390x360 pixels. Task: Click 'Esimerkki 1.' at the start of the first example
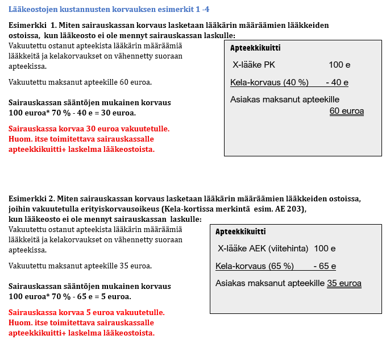click(34, 26)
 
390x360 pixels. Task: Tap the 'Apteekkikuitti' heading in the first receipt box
click(255, 48)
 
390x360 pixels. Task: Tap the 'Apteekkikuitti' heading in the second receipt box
click(240, 232)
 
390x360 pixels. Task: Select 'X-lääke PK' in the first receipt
click(254, 65)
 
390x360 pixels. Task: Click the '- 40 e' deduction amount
click(337, 82)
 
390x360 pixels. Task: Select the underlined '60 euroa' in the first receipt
click(346, 111)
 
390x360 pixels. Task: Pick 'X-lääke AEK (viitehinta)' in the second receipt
click(263, 249)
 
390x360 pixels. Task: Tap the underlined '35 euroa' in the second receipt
click(344, 283)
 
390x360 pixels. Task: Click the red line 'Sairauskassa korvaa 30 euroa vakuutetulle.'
click(89, 129)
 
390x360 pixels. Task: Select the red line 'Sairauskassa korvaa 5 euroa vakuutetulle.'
click(86, 313)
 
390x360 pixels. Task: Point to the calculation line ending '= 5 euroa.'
click(70, 296)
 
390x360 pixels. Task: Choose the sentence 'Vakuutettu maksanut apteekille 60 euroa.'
click(80, 82)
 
